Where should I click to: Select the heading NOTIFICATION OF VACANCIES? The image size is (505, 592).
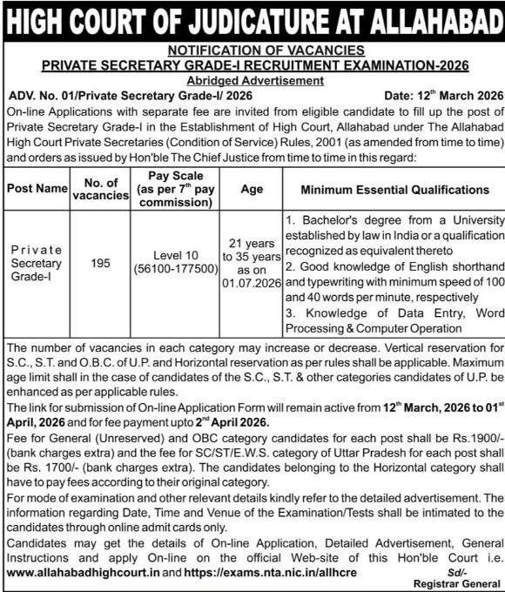click(x=253, y=51)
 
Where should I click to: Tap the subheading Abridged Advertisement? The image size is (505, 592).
click(x=253, y=81)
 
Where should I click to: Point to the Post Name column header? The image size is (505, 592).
click(x=36, y=189)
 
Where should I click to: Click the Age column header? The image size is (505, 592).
click(x=252, y=189)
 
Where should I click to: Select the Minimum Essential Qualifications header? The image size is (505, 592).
click(x=394, y=189)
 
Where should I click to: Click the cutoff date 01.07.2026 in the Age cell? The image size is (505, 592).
click(x=252, y=284)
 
